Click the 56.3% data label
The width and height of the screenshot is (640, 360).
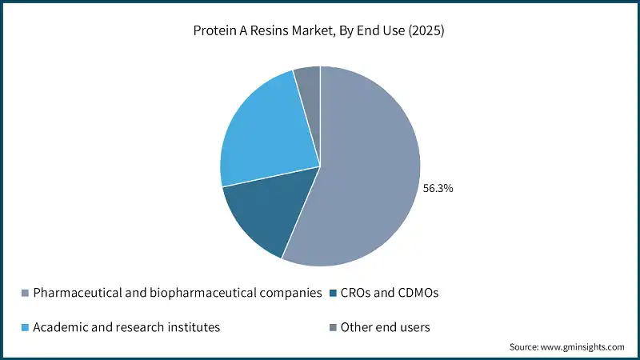pyautogui.click(x=438, y=189)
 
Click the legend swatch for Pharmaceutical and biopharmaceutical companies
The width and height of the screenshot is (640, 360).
pyautogui.click(x=26, y=293)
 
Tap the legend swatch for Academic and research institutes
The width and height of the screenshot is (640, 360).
pyautogui.click(x=26, y=326)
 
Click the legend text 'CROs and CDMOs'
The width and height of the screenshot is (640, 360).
pyautogui.click(x=390, y=293)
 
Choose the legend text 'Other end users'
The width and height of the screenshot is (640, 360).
pyautogui.click(x=385, y=326)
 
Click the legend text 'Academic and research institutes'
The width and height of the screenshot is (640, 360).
pyautogui.click(x=127, y=326)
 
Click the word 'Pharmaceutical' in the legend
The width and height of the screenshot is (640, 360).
pyautogui.click(x=75, y=293)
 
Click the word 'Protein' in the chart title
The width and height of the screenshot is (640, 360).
pyautogui.click(x=213, y=31)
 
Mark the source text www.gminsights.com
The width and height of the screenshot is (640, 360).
pyautogui.click(x=582, y=347)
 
